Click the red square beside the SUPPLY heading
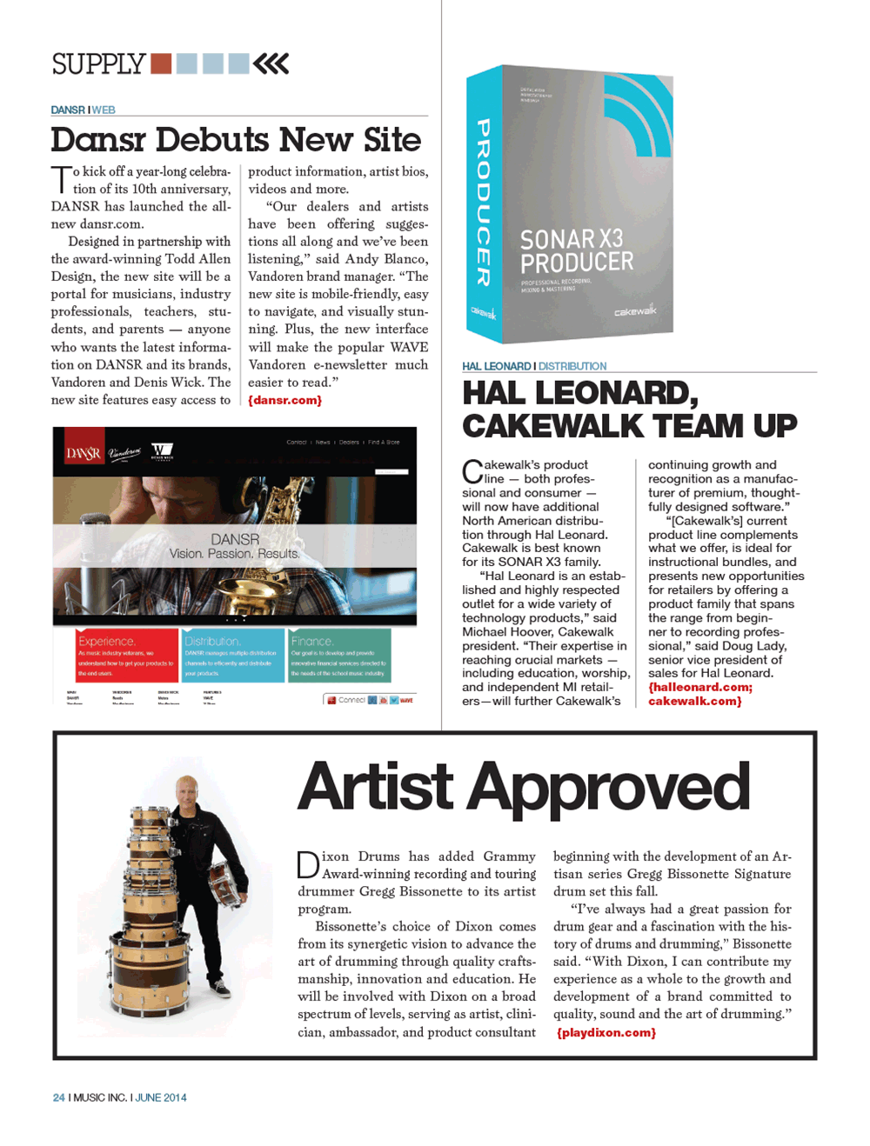tap(161, 63)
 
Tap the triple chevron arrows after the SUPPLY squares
tap(271, 63)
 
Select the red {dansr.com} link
tap(285, 400)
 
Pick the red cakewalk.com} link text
tap(695, 701)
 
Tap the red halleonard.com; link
tap(700, 687)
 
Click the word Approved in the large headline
tap(609, 787)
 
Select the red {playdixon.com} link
tap(606, 1033)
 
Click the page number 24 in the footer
tap(58, 1097)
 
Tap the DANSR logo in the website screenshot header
tap(84, 453)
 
